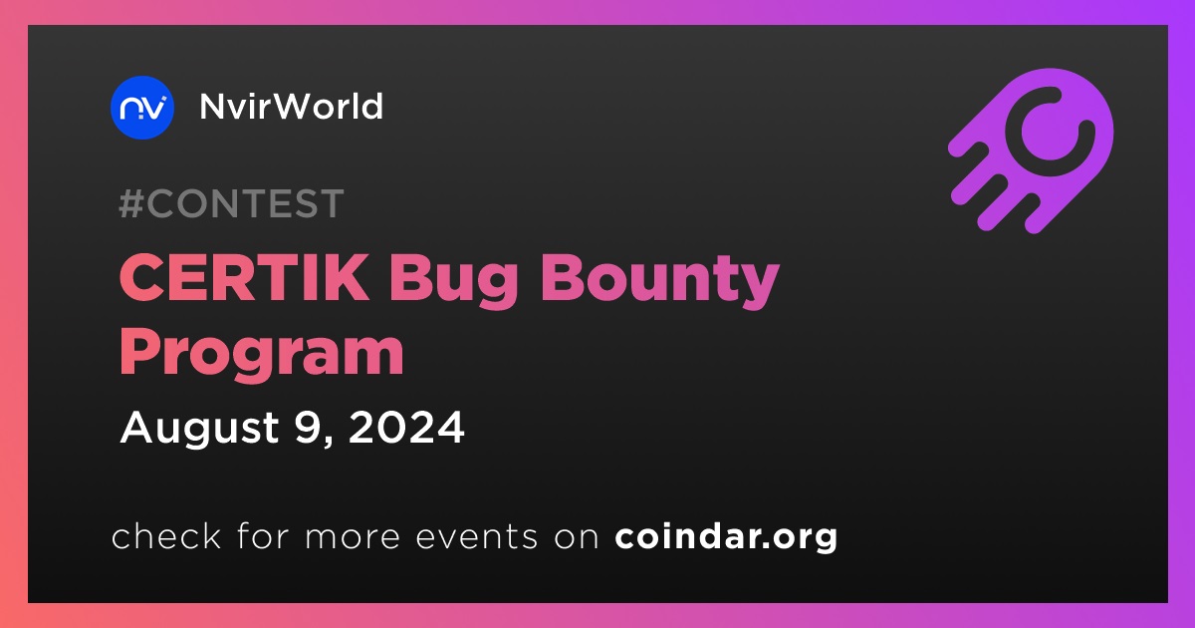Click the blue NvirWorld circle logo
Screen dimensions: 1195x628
(x=141, y=108)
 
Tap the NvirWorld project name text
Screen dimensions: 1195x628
(x=291, y=107)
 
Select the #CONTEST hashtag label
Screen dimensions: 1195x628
(x=231, y=203)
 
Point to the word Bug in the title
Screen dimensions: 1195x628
(x=454, y=280)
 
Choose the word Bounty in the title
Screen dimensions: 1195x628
(x=660, y=280)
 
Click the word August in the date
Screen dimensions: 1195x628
(x=200, y=429)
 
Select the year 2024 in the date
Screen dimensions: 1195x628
(x=406, y=428)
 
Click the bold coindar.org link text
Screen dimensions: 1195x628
(x=726, y=537)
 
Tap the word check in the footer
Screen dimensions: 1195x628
(x=166, y=535)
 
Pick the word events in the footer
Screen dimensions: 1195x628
(x=476, y=537)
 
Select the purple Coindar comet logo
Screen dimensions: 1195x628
(x=1031, y=152)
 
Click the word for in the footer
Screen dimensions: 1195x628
(x=263, y=535)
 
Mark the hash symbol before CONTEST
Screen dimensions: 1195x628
(x=130, y=203)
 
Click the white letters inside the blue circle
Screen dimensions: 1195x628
(x=142, y=108)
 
